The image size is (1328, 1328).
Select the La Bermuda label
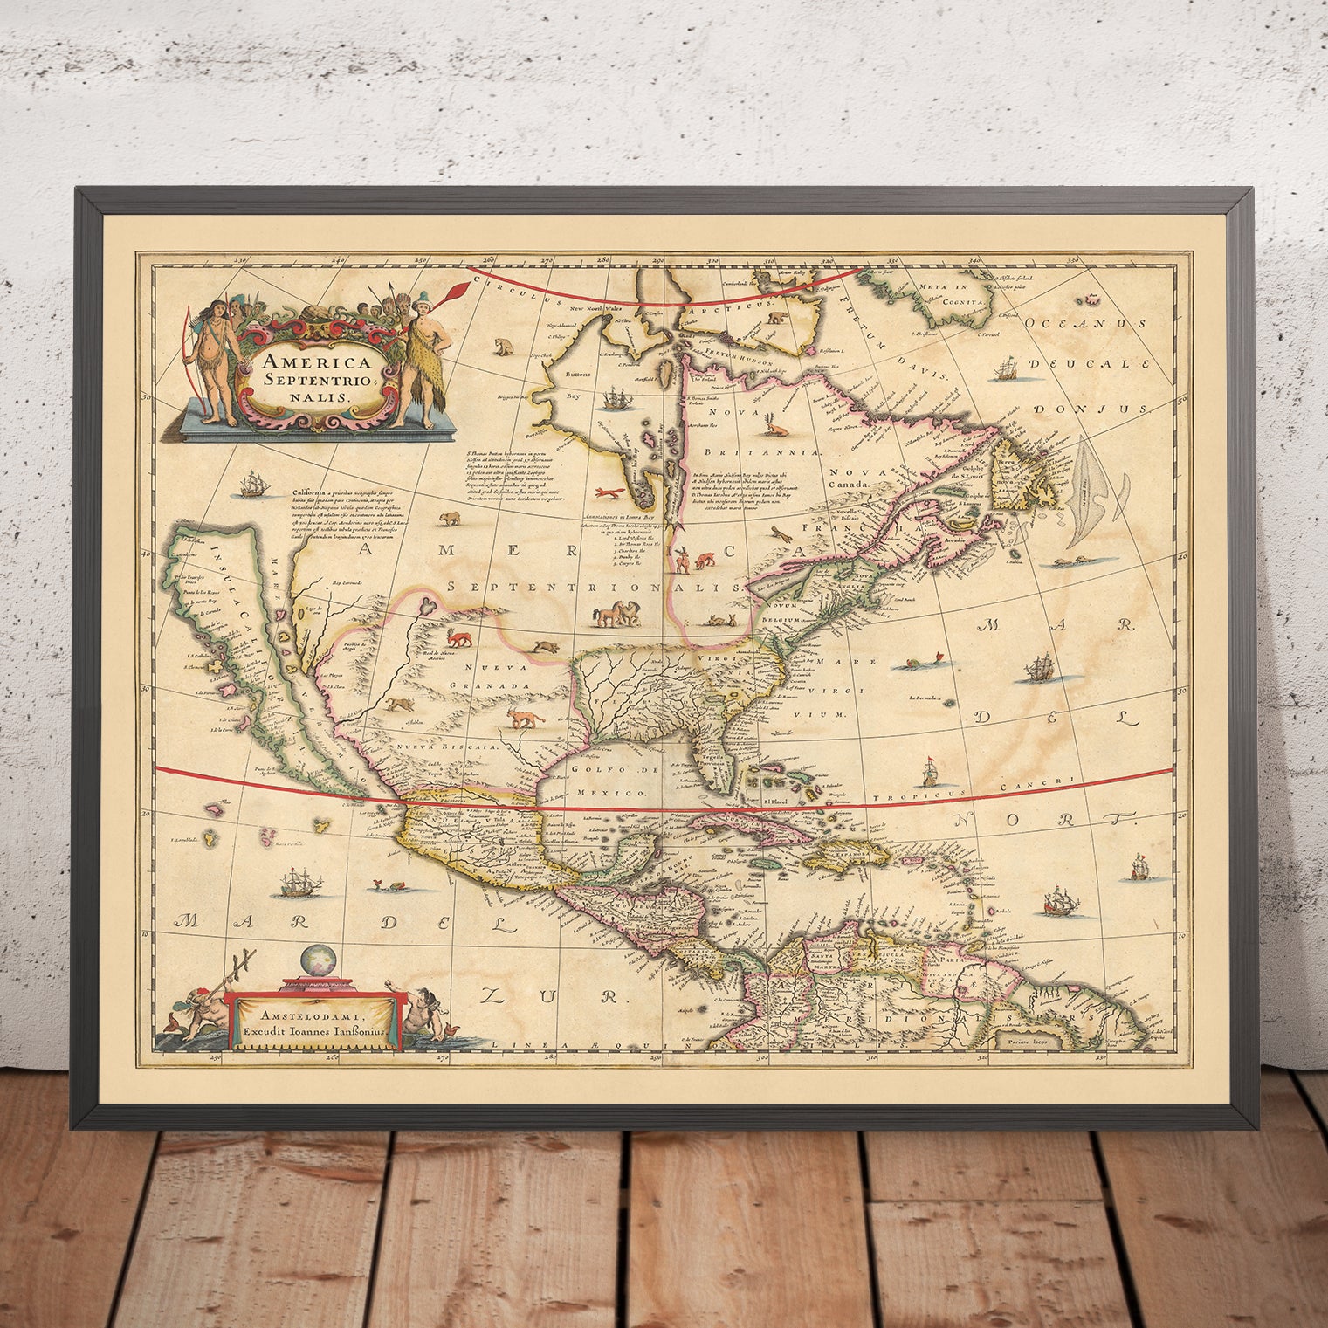click(928, 698)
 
